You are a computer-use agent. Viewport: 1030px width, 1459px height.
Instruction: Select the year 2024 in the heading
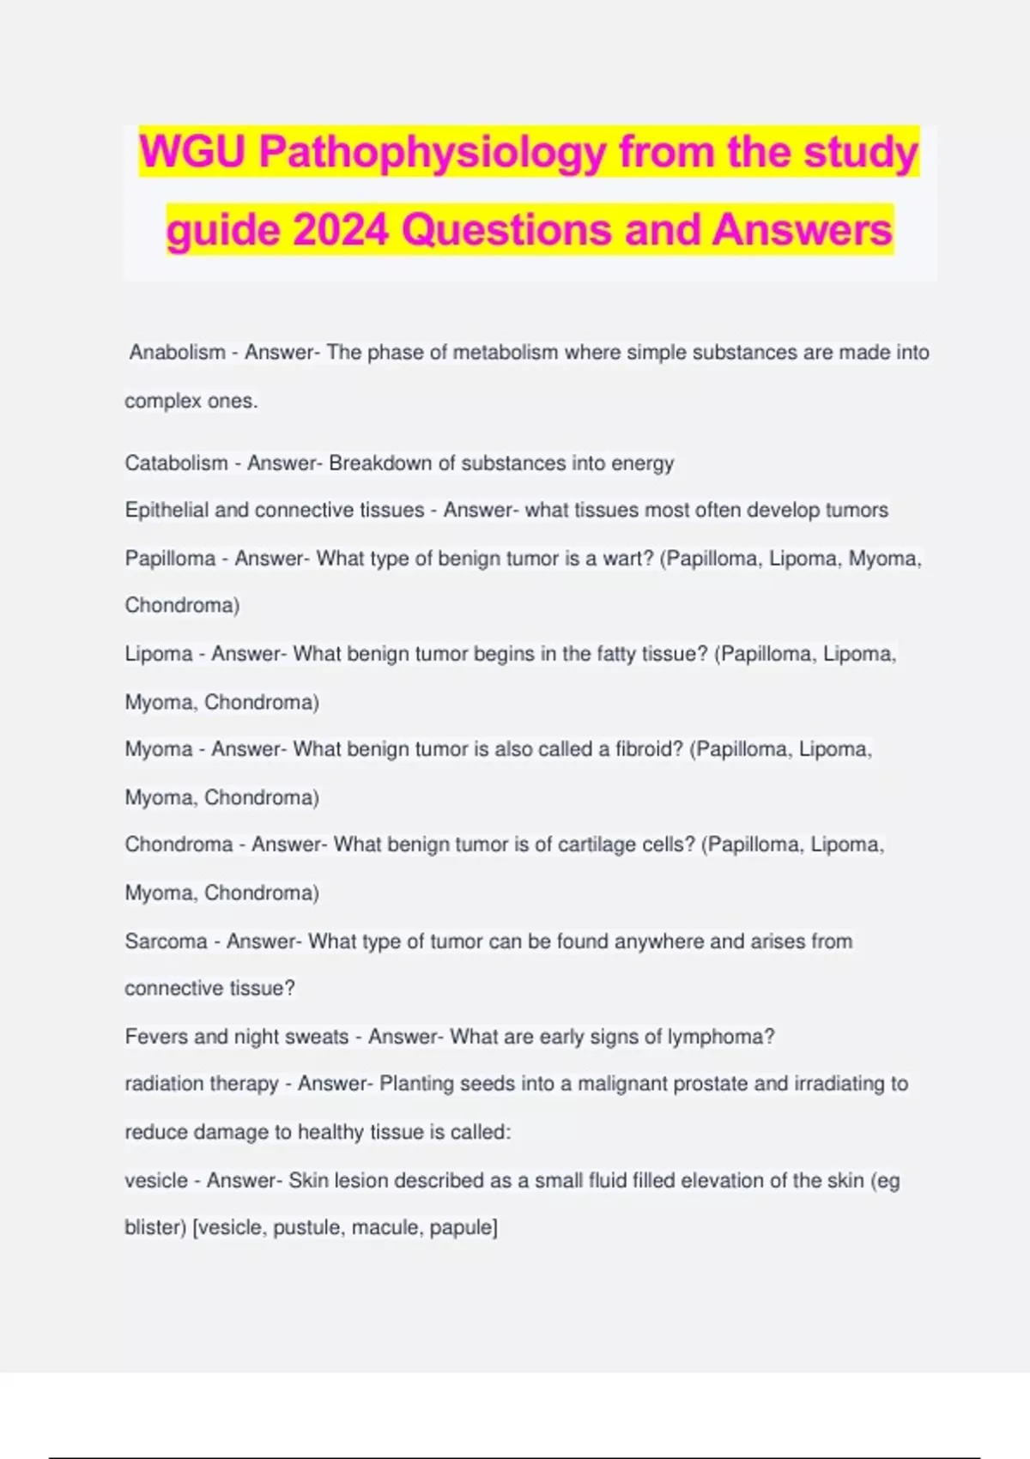(x=340, y=230)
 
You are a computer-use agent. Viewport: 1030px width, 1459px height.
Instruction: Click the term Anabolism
(x=177, y=352)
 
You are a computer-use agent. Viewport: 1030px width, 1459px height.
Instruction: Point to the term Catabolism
(x=176, y=463)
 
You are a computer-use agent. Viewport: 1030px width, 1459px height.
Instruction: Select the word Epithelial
(x=166, y=510)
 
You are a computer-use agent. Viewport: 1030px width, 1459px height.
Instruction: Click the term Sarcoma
(x=166, y=941)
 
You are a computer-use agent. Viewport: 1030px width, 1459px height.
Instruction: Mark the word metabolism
(x=505, y=352)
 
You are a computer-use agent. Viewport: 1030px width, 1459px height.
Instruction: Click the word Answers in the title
(x=802, y=230)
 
